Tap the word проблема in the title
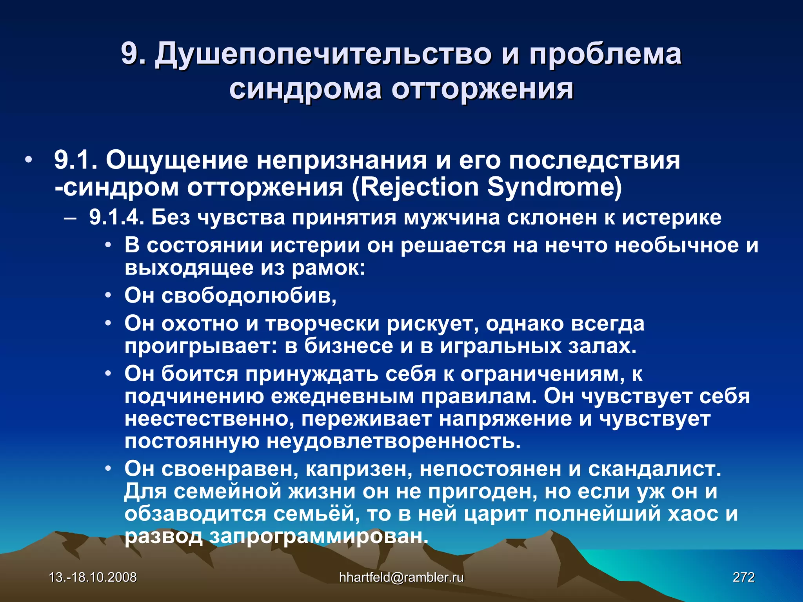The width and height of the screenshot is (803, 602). [x=605, y=54]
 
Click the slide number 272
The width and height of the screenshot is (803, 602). [x=743, y=577]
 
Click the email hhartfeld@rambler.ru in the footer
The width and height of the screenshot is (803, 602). [x=401, y=577]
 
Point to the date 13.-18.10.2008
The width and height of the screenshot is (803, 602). [x=93, y=577]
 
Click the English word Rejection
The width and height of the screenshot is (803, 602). [x=420, y=187]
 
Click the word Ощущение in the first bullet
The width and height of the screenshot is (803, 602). [x=177, y=160]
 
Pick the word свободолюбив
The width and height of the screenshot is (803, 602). [x=249, y=296]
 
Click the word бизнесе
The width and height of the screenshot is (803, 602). [x=349, y=346]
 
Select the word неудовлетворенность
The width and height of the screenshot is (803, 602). [x=394, y=442]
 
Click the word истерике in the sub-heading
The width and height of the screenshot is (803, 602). [x=671, y=218]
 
